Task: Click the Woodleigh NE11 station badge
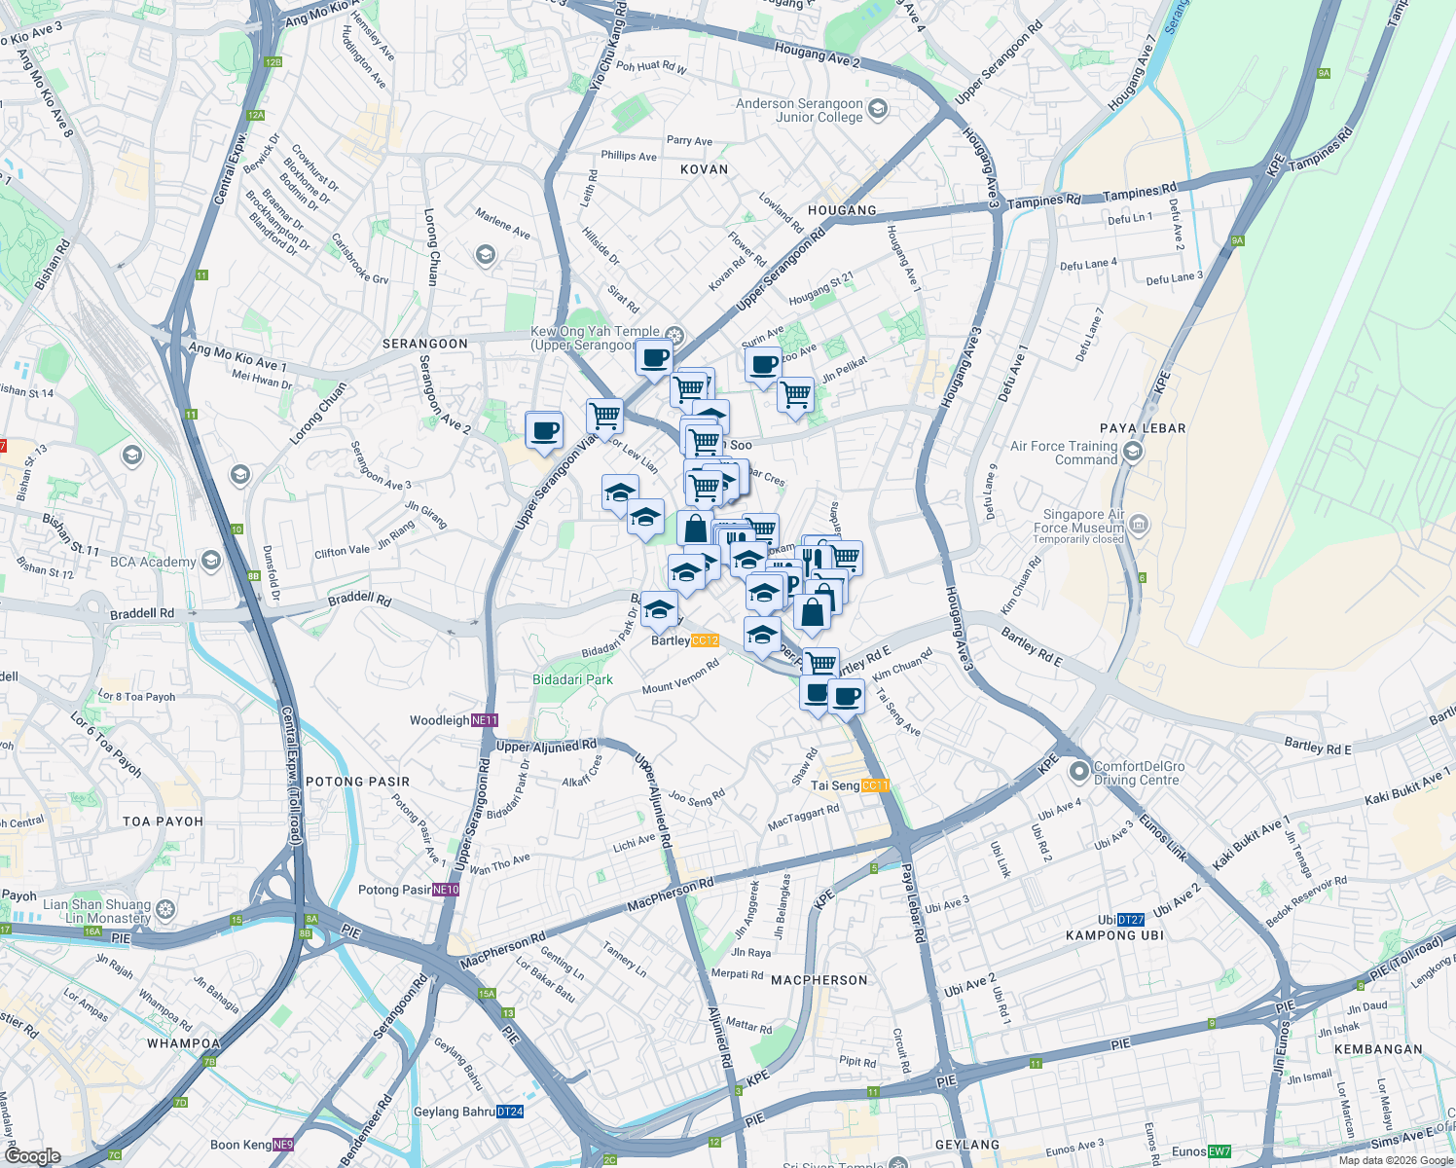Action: click(x=485, y=720)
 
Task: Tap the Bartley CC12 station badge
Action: click(x=705, y=640)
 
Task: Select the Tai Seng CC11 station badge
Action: click(x=875, y=785)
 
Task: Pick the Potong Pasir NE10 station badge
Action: click(x=446, y=890)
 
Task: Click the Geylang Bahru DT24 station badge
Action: click(x=510, y=1112)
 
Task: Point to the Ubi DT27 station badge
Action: click(x=1131, y=920)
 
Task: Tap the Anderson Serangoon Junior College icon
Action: click(x=878, y=109)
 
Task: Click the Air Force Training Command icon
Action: click(x=1132, y=452)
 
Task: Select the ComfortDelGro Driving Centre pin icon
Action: click(x=1078, y=772)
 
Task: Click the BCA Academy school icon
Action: click(x=211, y=561)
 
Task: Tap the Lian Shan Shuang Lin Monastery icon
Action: click(x=165, y=910)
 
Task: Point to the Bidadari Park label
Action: click(x=572, y=679)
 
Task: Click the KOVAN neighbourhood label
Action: click(x=704, y=169)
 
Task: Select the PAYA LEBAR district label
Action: click(x=1143, y=428)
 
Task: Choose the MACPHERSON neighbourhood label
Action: click(x=819, y=980)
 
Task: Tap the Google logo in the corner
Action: click(x=32, y=1156)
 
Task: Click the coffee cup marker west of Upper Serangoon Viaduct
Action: click(x=544, y=429)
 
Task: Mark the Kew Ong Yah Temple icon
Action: click(x=673, y=337)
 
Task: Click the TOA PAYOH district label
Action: click(x=163, y=821)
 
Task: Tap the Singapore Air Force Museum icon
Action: click(x=1139, y=526)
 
